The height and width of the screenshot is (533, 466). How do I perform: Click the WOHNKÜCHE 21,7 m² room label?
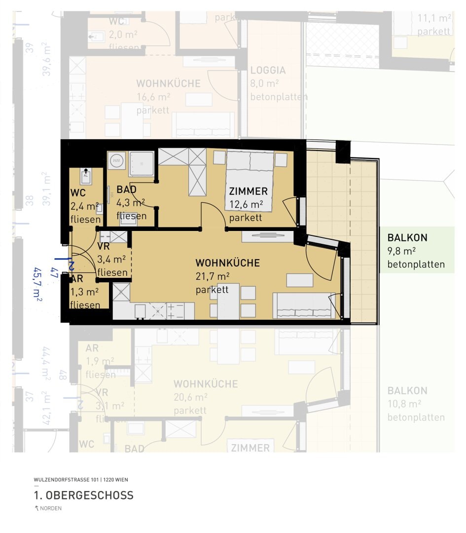227,263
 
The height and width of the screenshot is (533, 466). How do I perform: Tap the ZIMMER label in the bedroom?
248,191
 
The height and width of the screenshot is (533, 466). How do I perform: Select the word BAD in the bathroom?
126,190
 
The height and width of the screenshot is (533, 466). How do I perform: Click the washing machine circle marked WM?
117,160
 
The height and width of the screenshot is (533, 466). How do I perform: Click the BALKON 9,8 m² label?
407,238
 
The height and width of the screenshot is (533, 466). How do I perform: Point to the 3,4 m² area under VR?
112,259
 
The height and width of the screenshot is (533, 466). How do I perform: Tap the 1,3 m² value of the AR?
84,292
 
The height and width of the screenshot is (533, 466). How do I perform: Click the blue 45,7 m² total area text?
37,284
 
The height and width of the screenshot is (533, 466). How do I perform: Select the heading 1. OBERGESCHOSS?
83,495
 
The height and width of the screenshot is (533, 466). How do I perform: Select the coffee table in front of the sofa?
299,280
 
